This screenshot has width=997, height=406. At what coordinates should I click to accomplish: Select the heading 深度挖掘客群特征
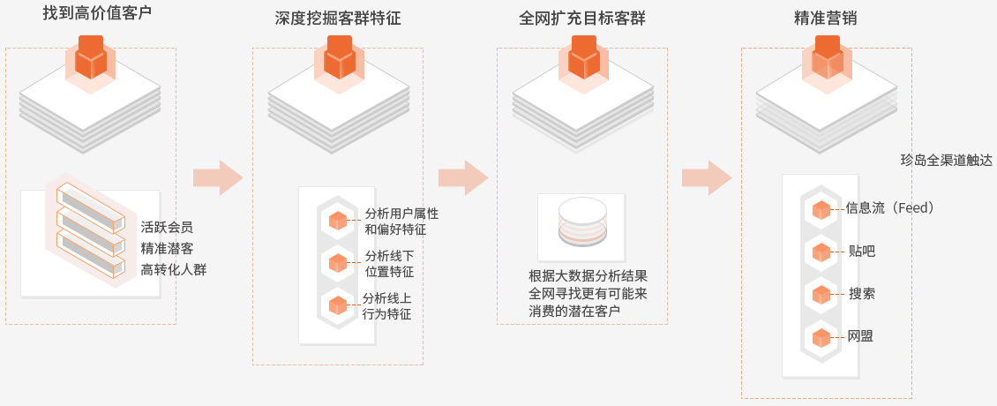[338, 19]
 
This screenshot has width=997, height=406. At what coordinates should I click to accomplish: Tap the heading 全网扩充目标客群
[583, 19]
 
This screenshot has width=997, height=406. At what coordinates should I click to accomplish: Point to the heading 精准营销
[826, 19]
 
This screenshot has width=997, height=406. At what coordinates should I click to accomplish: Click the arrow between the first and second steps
[218, 177]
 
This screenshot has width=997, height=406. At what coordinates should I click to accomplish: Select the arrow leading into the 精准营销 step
[707, 177]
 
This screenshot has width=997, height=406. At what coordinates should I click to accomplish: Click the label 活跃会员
[167, 226]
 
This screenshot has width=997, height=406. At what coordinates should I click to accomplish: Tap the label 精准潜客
[167, 247]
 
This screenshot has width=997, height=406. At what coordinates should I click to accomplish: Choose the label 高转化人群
[173, 268]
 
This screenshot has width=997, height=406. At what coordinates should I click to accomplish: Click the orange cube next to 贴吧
[821, 252]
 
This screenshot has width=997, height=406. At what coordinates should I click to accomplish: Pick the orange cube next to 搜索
[821, 294]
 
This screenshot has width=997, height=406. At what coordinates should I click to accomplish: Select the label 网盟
[860, 336]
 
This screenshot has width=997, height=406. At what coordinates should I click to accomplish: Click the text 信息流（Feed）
[889, 208]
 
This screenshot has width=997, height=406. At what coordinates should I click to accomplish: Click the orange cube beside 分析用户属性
[337, 221]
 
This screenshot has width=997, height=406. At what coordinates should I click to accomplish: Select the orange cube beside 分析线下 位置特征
[337, 263]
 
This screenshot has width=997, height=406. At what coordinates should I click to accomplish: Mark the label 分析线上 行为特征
[387, 305]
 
